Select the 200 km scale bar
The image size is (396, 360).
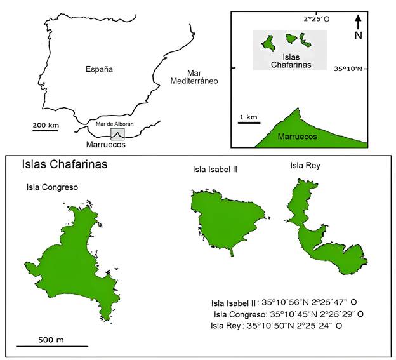pos(46,130)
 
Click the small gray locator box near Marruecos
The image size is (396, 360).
pos(117,135)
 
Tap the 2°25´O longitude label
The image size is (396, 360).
pos(316,20)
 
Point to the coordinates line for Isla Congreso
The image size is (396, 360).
pos(289,314)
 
